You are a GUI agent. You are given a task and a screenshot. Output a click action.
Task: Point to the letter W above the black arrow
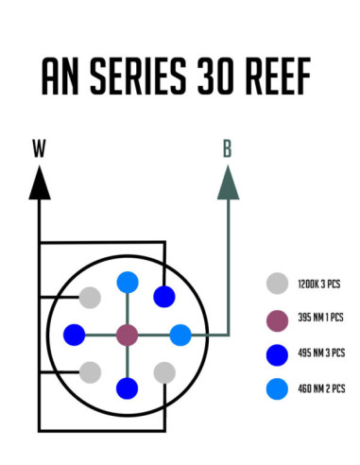[x=39, y=148]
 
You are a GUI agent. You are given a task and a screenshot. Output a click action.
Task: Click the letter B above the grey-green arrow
[x=227, y=148]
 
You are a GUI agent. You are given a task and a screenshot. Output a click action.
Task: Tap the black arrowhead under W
[x=39, y=182]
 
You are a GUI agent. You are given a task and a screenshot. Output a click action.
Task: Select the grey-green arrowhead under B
[x=227, y=182]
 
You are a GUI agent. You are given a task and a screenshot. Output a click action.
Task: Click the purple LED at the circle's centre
[x=127, y=335]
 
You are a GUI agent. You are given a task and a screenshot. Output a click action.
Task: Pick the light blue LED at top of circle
[x=128, y=282]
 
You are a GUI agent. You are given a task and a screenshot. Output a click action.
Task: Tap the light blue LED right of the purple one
[x=180, y=335]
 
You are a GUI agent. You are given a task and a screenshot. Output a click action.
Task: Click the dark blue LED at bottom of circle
[x=127, y=387]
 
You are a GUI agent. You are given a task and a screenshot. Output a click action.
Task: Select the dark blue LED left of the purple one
[x=74, y=335]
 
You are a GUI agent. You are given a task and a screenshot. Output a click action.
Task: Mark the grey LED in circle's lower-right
[x=164, y=371]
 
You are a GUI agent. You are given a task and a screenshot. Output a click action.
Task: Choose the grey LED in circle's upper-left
[x=90, y=298]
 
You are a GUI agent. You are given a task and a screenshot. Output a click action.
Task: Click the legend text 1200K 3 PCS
[x=320, y=283]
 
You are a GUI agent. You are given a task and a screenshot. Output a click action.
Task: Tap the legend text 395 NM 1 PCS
[x=320, y=319]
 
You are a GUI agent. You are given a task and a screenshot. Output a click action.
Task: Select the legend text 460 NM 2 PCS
[x=320, y=388]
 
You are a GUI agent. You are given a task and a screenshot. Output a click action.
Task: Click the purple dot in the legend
[x=277, y=319]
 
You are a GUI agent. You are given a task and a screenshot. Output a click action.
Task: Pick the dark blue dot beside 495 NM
[x=277, y=353]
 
